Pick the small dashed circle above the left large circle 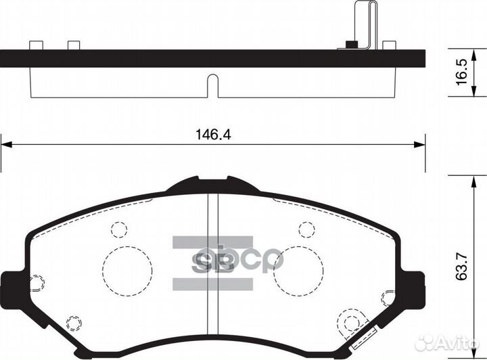click(119, 229)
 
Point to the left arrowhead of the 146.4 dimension click(5, 143)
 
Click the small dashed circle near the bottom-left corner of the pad click(73, 321)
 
